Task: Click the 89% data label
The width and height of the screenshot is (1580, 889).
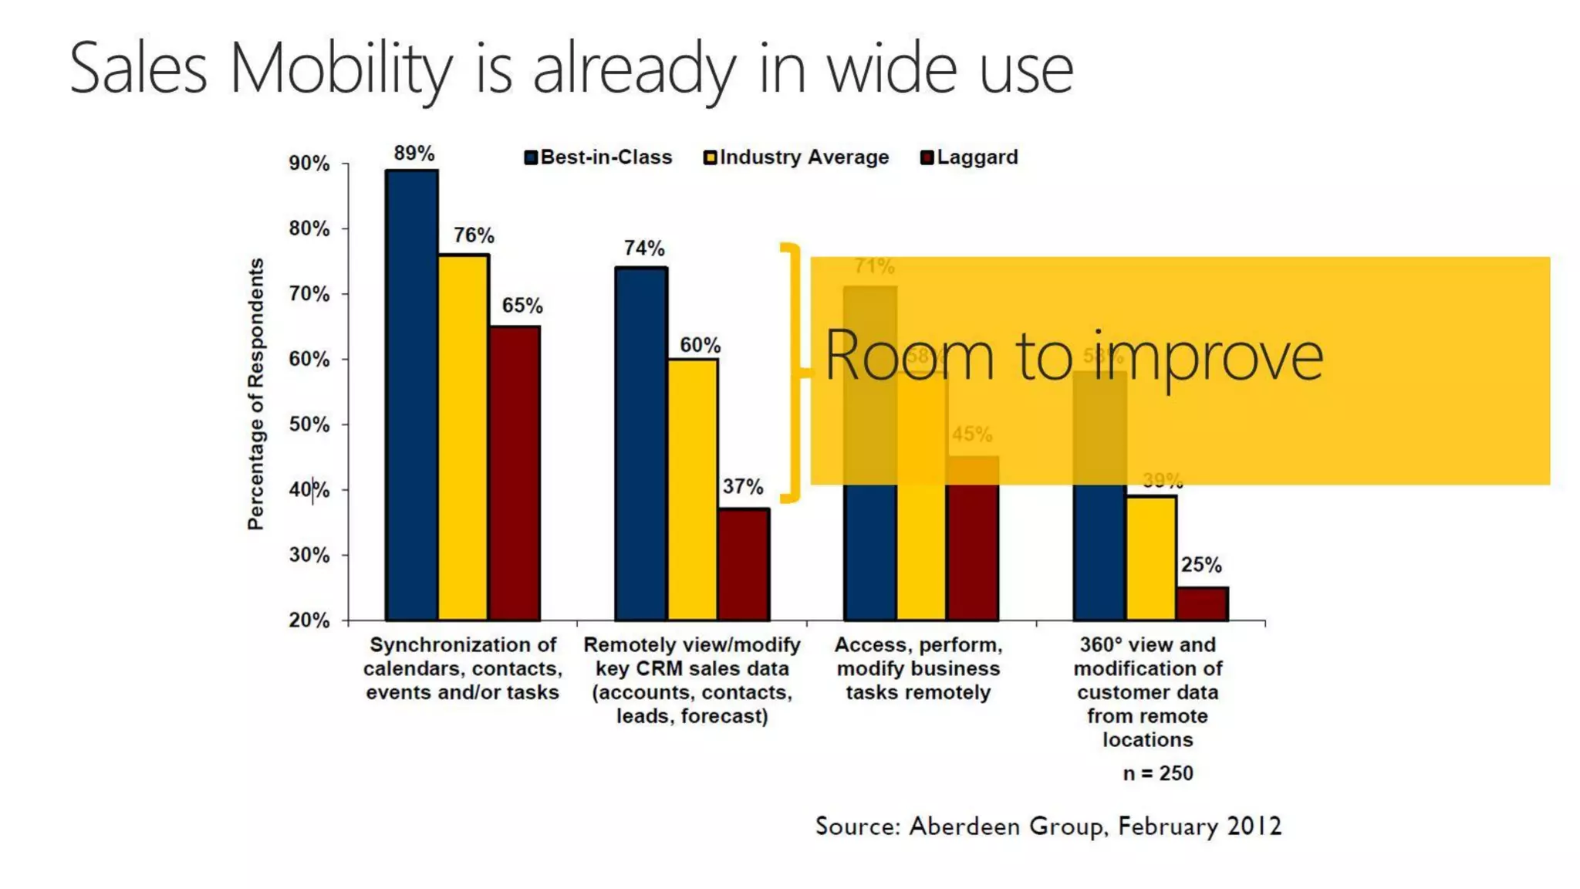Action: tap(414, 153)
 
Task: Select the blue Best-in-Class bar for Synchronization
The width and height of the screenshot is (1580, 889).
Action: tap(412, 394)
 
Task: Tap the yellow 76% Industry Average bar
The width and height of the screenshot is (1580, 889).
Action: tap(463, 436)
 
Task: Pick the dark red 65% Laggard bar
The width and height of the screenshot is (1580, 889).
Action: tap(514, 472)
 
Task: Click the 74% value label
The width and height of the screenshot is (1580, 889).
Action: tap(643, 248)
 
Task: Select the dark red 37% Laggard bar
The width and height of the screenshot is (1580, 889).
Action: tap(744, 563)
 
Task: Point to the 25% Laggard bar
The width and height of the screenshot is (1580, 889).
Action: tap(1202, 603)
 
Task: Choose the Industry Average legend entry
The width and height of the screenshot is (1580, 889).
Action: tap(796, 157)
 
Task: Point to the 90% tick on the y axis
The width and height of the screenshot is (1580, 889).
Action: tap(309, 164)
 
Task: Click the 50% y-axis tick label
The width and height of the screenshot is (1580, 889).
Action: tap(309, 424)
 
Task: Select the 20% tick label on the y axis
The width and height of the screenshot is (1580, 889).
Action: tap(309, 620)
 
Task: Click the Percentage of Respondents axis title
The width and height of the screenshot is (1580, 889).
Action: tap(255, 394)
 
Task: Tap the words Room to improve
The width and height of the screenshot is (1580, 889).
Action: tap(1073, 357)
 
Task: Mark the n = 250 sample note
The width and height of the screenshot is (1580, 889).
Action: tap(1157, 773)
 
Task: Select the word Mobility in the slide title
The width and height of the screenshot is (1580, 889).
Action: tap(340, 69)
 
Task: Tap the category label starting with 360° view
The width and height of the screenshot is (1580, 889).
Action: tap(1147, 691)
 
